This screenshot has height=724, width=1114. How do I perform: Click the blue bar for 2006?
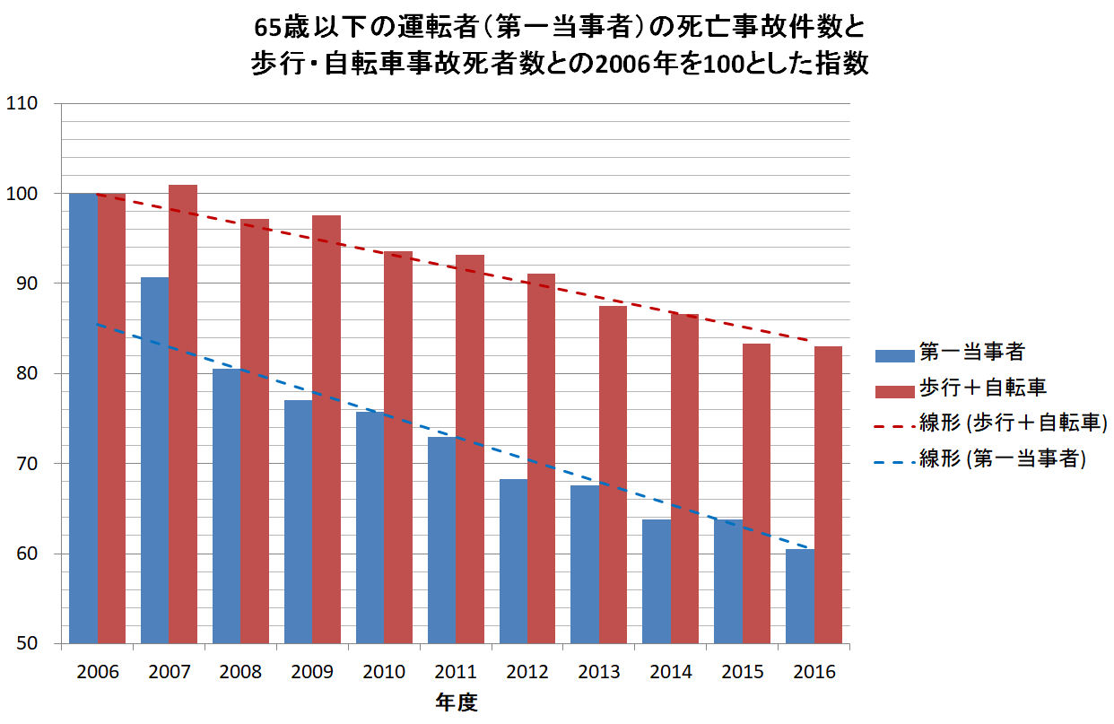pyautogui.click(x=83, y=418)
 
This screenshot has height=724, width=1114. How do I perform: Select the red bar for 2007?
pyautogui.click(x=183, y=414)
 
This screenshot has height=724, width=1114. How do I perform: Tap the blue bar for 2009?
pyautogui.click(x=298, y=521)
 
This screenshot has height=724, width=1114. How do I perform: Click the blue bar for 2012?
pyautogui.click(x=513, y=561)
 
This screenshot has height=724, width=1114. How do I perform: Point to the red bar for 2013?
pyautogui.click(x=613, y=475)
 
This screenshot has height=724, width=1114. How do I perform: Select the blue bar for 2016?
pyautogui.click(x=799, y=596)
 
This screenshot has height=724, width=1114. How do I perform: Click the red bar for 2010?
pyautogui.click(x=398, y=447)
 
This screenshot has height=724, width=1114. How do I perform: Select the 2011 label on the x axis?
pyautogui.click(x=457, y=672)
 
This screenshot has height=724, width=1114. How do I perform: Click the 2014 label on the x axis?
pyautogui.click(x=671, y=672)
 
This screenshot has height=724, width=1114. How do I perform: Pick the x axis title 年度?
pyautogui.click(x=457, y=702)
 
